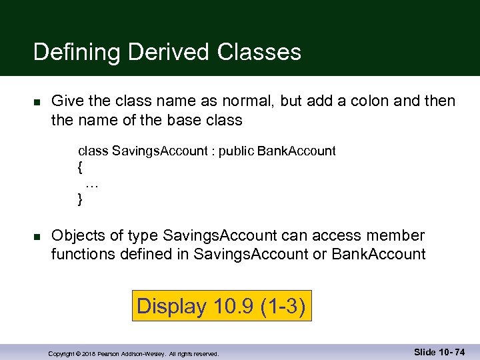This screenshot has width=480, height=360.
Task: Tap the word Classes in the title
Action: [x=254, y=52]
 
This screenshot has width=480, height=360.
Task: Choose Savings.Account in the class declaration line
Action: [x=160, y=151]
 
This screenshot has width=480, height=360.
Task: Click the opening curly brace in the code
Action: [x=81, y=167]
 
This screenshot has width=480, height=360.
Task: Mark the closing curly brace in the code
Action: [x=81, y=199]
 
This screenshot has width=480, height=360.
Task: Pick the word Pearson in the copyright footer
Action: [x=110, y=354]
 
